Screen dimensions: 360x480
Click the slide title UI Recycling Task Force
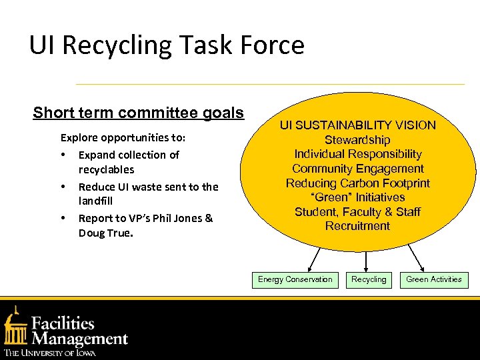click(x=167, y=45)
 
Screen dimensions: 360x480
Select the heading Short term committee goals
click(x=139, y=113)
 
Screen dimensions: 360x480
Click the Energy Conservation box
click(x=295, y=280)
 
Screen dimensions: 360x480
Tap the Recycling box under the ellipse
click(x=369, y=280)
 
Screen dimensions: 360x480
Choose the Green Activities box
click(x=434, y=280)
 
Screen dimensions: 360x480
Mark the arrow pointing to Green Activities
click(x=419, y=258)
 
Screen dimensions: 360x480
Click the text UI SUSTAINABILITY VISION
click(x=357, y=125)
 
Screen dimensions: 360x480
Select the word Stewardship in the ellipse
click(x=357, y=140)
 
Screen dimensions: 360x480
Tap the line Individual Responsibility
click(x=357, y=154)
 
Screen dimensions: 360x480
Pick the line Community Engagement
click(x=357, y=169)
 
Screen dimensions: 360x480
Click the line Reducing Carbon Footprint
click(x=357, y=183)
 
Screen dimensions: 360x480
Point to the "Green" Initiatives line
click(x=357, y=197)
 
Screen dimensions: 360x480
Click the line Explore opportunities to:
click(x=123, y=138)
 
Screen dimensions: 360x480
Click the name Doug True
click(x=105, y=233)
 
